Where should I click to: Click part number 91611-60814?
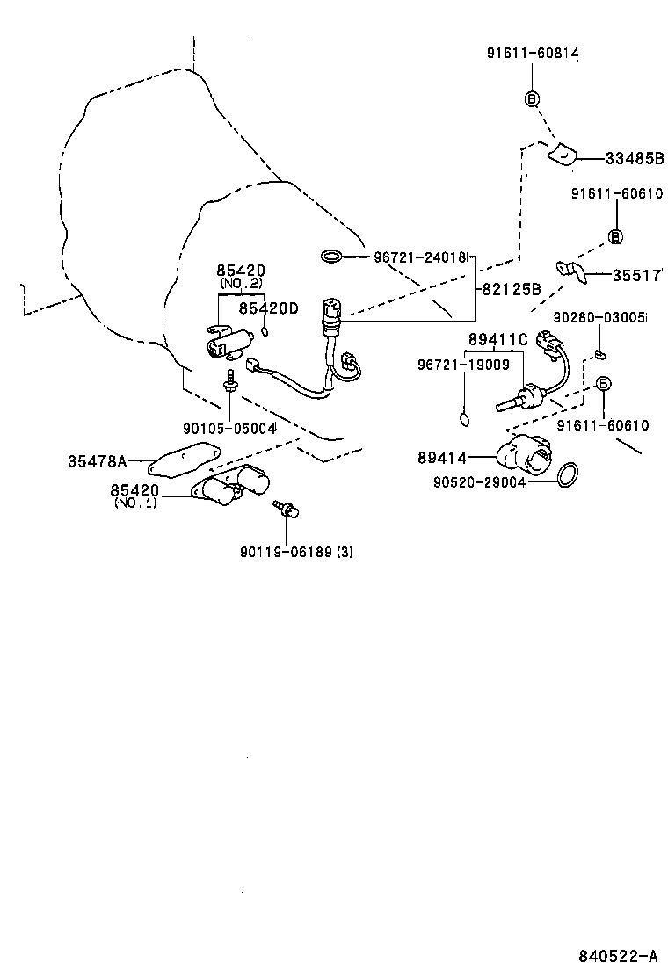point(533,54)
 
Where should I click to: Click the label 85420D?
point(269,308)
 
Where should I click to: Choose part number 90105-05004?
point(230,428)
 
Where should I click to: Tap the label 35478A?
point(98,460)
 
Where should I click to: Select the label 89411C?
point(497,340)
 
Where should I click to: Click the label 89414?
point(442,457)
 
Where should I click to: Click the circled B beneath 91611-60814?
point(533,98)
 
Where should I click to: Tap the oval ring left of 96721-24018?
point(331,257)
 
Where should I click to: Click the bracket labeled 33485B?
point(563,155)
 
